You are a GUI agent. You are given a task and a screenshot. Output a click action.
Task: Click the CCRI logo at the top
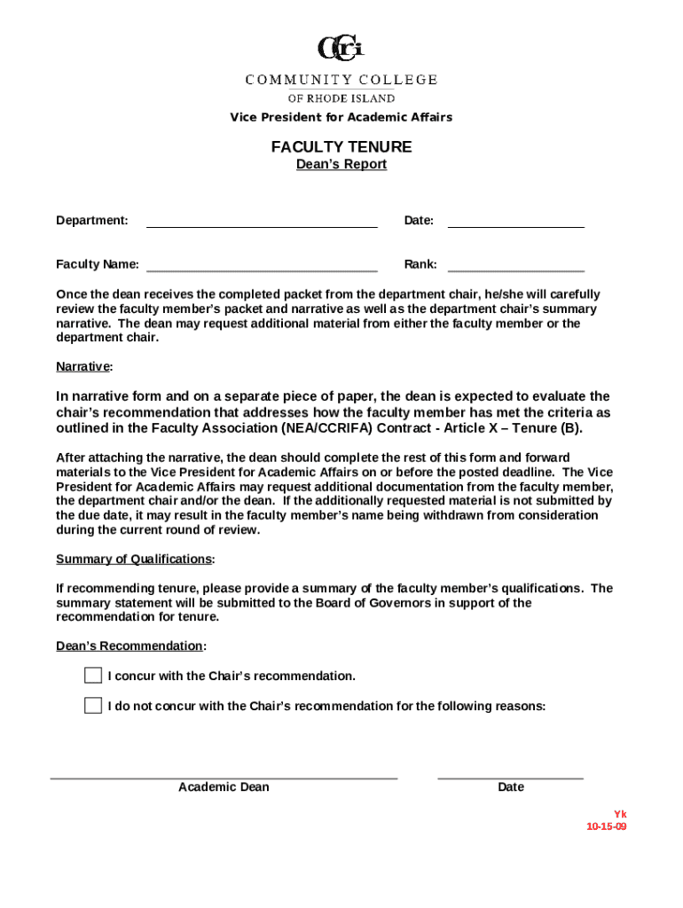point(341,49)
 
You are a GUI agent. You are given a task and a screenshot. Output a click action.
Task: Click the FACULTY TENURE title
point(341,147)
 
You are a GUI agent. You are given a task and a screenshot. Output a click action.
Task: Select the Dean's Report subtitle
point(341,165)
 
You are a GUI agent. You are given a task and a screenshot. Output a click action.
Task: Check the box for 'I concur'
point(93,676)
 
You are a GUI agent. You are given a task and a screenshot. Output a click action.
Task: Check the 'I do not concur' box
point(93,706)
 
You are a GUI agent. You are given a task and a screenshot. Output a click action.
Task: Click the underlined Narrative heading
point(83,366)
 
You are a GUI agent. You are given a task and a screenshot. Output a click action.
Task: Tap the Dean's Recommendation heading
point(130,646)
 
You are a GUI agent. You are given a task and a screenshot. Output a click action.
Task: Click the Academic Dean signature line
point(224,777)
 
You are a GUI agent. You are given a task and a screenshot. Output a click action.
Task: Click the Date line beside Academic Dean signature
point(511,777)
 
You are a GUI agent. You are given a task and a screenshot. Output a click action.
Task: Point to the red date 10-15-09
point(607,826)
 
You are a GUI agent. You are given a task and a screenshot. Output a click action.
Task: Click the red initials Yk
point(621,814)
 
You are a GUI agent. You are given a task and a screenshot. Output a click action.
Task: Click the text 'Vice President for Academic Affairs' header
point(341,117)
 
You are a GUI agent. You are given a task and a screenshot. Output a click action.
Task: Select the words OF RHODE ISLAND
point(341,98)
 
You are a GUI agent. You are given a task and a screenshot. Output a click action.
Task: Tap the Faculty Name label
point(98,264)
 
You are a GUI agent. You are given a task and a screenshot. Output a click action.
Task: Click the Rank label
point(420,264)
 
